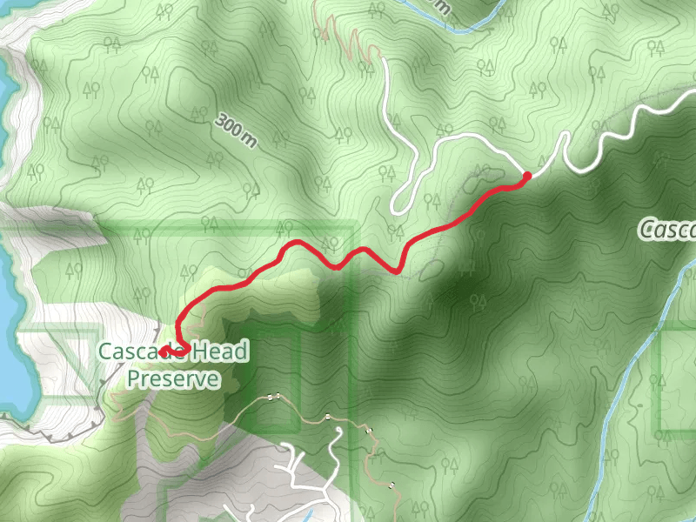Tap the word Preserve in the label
[173, 378]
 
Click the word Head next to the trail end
[217, 351]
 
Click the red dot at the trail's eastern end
[526, 177]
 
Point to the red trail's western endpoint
[163, 352]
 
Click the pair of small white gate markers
[275, 398]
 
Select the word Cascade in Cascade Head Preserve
[130, 351]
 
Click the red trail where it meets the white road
[526, 177]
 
